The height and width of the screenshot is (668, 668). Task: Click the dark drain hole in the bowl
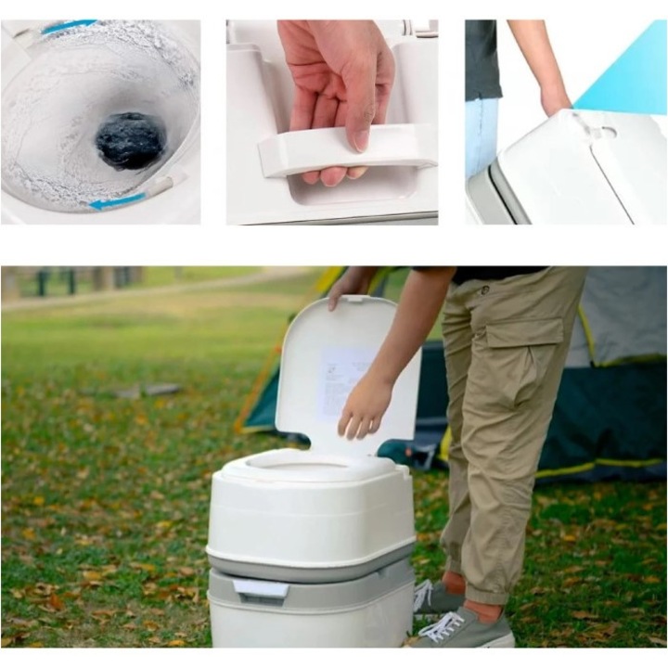(x=130, y=140)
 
